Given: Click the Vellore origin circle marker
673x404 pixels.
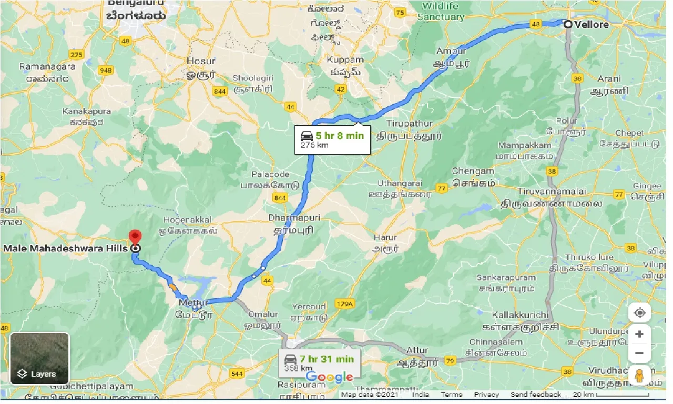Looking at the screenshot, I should coord(568,24).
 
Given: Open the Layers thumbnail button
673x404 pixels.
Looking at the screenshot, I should coord(39,358).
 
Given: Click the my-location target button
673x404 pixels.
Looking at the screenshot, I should coord(639,313).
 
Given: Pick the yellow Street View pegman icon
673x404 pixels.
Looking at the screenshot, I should coord(639,376).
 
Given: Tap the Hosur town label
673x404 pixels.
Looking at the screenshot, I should coord(201,62).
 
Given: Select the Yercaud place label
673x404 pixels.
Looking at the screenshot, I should coord(309,306).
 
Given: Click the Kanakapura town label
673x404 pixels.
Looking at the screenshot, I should coord(87,112).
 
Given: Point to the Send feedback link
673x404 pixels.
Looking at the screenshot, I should coord(536,395).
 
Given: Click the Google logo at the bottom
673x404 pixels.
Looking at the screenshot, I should coord(329,377).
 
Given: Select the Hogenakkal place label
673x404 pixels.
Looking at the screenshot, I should coord(187,219).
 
